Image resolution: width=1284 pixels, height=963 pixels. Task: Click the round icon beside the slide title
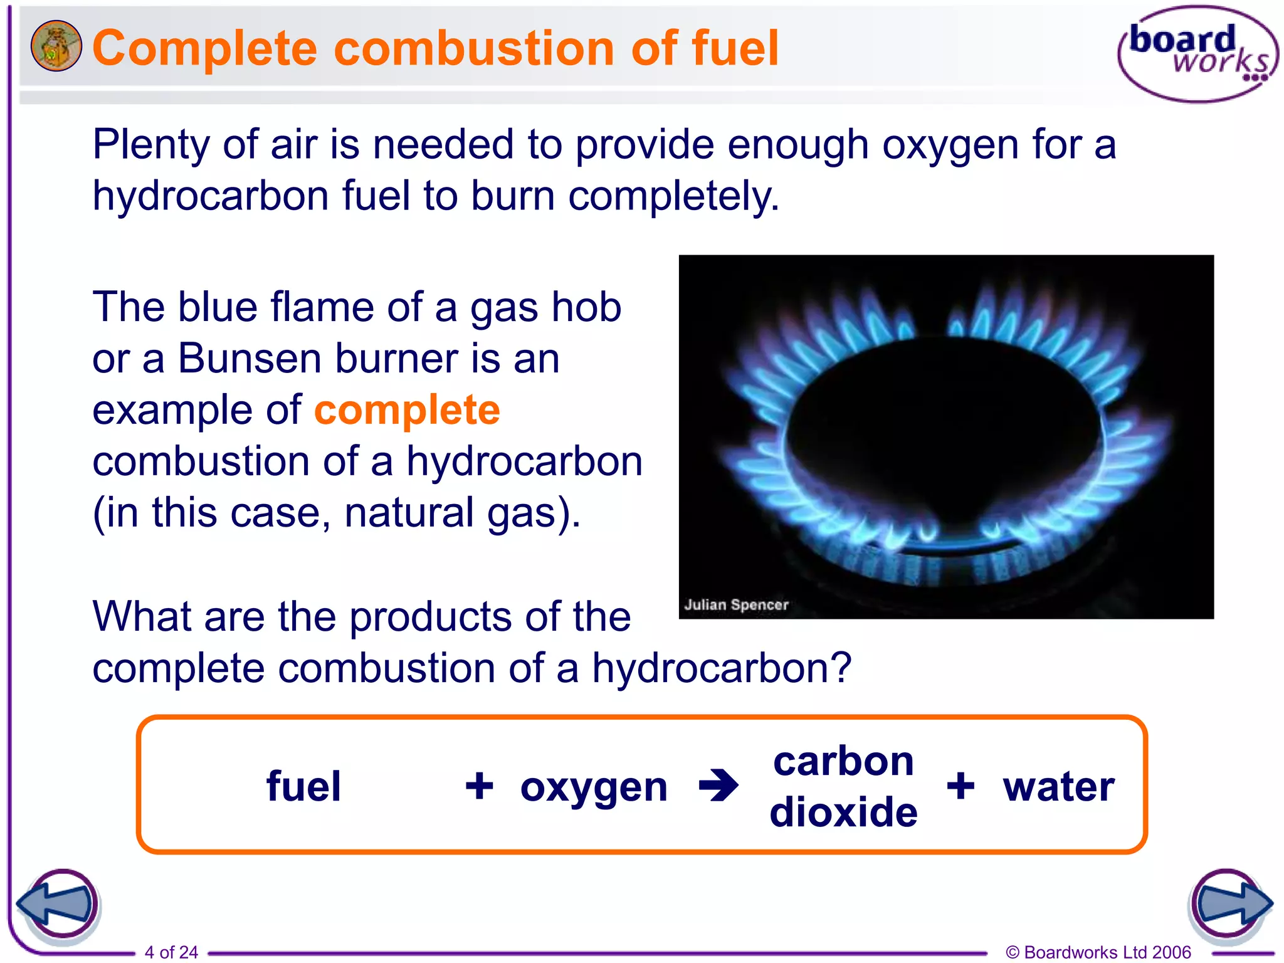tap(56, 46)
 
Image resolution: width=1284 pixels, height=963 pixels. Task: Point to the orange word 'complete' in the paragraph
tap(407, 411)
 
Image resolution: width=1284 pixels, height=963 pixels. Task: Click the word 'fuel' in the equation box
tap(303, 786)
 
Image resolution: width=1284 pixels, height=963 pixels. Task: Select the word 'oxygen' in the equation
tap(593, 787)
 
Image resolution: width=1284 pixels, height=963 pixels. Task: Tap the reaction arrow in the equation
tap(718, 785)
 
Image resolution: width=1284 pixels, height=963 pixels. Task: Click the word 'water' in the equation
tap(1058, 786)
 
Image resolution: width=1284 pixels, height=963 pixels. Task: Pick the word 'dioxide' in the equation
tap(843, 813)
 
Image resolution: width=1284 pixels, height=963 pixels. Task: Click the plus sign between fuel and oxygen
tap(479, 786)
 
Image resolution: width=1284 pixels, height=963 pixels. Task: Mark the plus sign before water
tap(960, 786)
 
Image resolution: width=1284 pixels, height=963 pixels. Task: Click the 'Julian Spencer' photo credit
tap(736, 605)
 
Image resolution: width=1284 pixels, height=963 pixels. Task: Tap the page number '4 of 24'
tap(171, 952)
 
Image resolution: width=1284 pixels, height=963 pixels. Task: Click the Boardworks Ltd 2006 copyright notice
tap(1098, 952)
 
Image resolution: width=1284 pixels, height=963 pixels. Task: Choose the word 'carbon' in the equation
tap(843, 761)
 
